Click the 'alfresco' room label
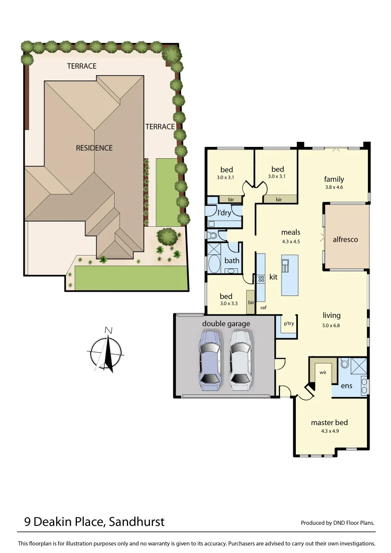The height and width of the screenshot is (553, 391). [345, 239]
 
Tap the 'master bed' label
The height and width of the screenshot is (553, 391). [329, 422]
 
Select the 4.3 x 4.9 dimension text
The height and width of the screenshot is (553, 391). [330, 431]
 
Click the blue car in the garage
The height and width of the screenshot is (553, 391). [210, 360]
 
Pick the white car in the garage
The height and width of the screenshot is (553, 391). [241, 360]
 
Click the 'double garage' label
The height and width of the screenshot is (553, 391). [226, 324]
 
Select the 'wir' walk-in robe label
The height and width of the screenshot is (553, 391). [322, 372]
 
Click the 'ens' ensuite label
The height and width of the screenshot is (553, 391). [346, 386]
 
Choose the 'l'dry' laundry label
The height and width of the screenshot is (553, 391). [224, 213]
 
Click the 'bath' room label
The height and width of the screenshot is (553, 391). [232, 261]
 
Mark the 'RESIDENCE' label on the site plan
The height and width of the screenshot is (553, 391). [94, 148]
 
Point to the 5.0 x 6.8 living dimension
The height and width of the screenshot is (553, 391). [331, 325]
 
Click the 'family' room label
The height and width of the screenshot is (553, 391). [334, 179]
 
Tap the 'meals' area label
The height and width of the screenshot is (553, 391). [291, 232]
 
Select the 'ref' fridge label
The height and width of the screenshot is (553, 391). [264, 308]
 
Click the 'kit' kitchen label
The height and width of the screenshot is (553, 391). [273, 277]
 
